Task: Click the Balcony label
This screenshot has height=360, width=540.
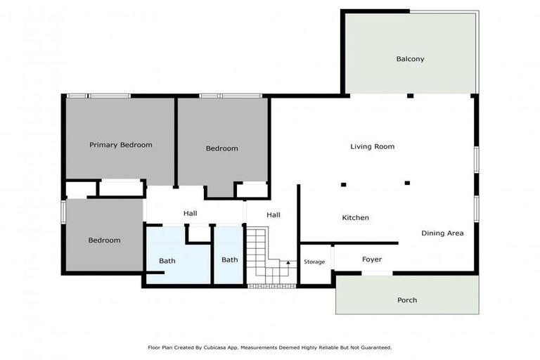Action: coord(410,59)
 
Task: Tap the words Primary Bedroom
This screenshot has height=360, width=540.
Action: coord(120,145)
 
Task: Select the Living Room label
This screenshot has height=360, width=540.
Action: coord(372,147)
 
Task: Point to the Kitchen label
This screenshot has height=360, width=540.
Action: coord(355,218)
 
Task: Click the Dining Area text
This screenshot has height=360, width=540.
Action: coord(442,233)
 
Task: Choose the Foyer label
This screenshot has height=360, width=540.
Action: coord(371,259)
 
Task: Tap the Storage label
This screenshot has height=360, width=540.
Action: coord(314,262)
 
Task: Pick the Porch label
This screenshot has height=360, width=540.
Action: coord(406,300)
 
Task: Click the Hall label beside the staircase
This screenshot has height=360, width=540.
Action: coord(273,215)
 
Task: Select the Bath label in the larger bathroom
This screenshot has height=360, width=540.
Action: coord(167,261)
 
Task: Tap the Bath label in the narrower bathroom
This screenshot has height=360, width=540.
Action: coord(229,259)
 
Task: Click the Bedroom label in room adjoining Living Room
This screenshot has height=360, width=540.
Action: coord(221,148)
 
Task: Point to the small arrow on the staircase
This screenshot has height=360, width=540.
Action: coord(288,263)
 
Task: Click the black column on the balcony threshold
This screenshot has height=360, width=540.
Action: coord(409,96)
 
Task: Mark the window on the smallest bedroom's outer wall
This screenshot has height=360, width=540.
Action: coord(63,212)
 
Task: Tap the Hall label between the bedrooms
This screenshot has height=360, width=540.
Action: coord(190,214)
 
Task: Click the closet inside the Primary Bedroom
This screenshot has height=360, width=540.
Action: coord(120,188)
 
